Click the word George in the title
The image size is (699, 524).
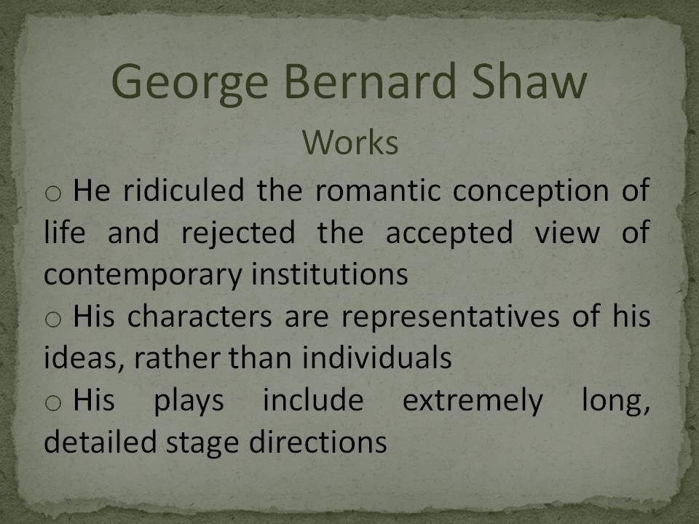190,84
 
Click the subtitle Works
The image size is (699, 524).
350,143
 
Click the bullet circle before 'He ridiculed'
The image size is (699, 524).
53,193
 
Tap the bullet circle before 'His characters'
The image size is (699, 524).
53,319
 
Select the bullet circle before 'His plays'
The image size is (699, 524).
53,402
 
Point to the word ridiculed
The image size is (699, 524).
183,190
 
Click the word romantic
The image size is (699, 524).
378,190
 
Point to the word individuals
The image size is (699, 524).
376,357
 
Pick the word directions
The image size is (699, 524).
318,442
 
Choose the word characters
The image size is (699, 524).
200,317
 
